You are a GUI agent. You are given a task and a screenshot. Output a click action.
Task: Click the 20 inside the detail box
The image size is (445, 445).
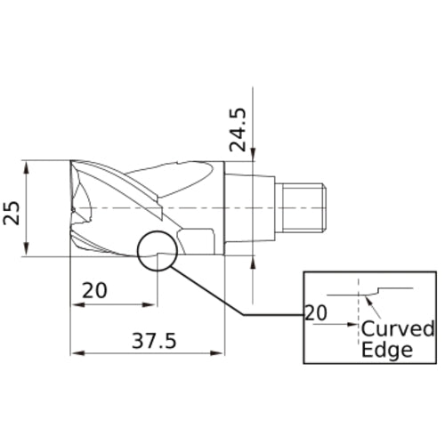[x=317, y=312]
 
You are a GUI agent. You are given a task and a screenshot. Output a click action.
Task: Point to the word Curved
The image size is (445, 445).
[x=397, y=329]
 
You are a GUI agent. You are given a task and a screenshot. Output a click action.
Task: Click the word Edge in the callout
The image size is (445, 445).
[x=386, y=350]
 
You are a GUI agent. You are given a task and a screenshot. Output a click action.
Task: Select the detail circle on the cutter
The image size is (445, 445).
[x=158, y=250]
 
